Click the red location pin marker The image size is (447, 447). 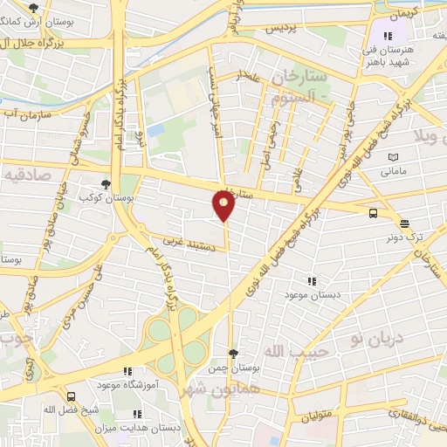[223, 205]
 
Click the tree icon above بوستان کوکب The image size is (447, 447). [106, 185]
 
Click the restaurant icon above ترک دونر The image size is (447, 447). [403, 223]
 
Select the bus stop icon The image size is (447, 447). [374, 212]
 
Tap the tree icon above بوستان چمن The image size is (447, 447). [232, 354]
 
